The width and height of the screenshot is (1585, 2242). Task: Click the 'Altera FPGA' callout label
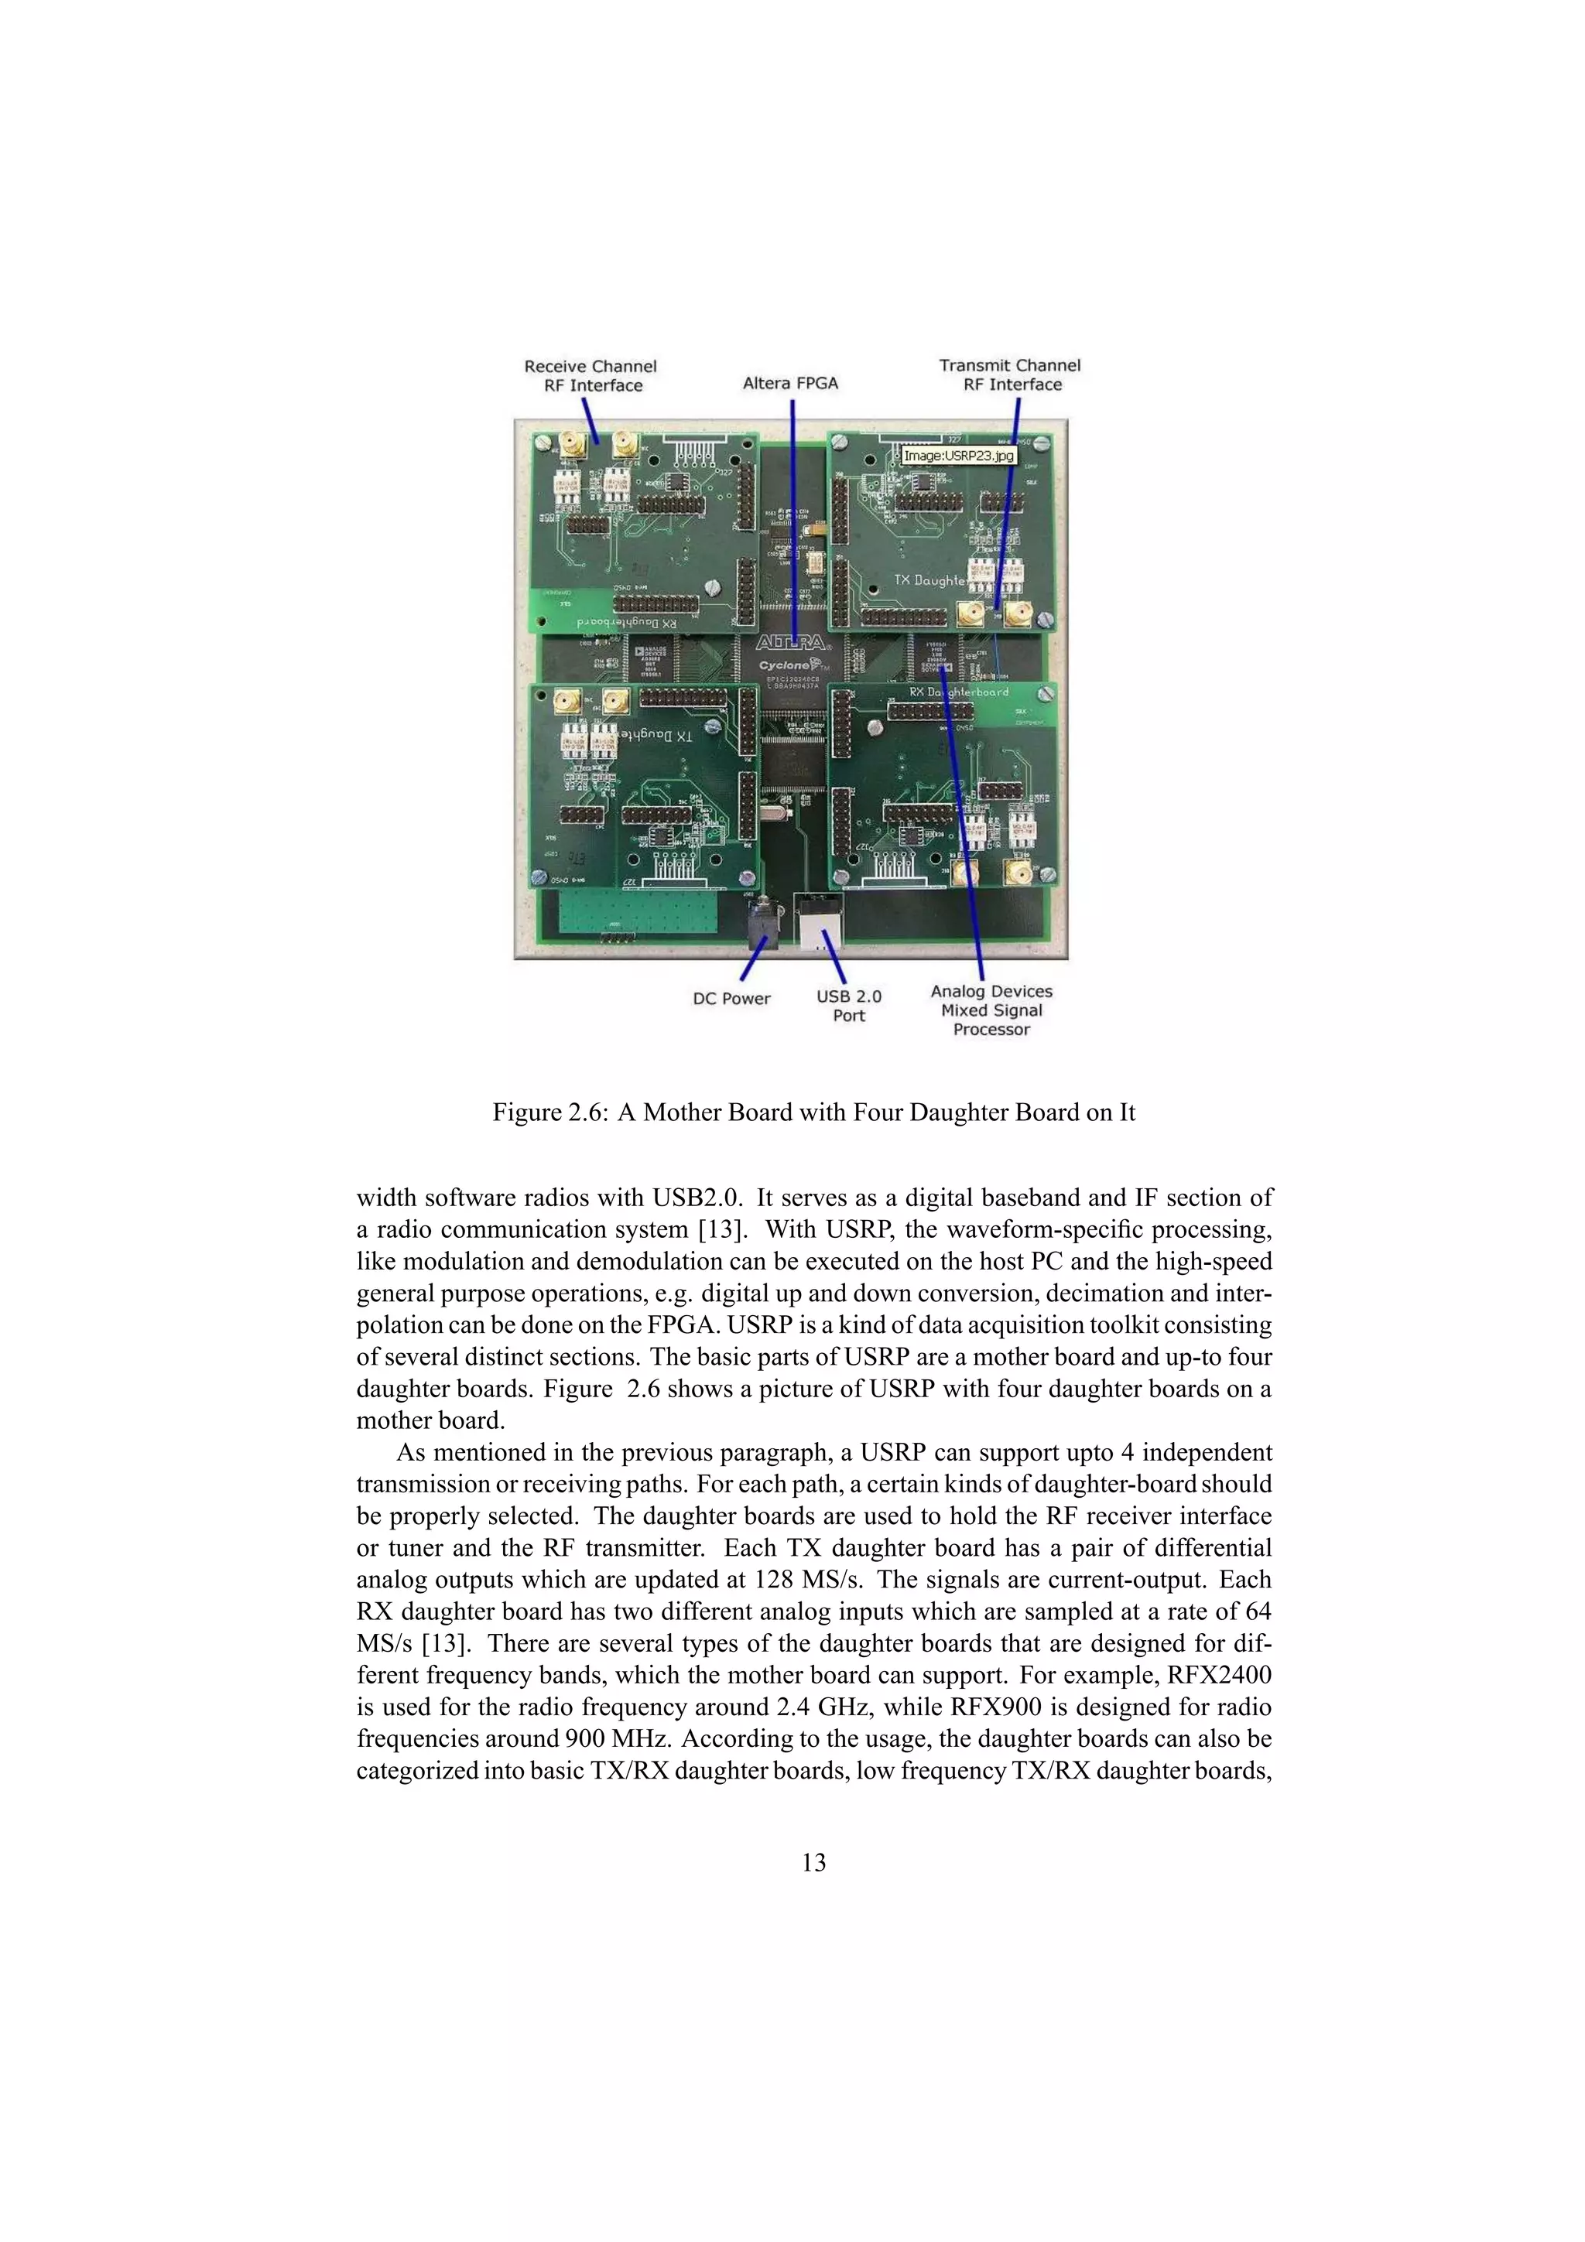(790, 383)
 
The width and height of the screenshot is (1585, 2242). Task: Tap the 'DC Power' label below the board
(731, 998)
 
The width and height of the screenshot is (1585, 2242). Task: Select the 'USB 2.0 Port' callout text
(849, 1006)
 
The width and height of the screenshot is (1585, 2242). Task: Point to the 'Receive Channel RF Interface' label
(590, 376)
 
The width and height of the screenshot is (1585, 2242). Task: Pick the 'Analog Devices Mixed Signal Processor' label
(991, 1010)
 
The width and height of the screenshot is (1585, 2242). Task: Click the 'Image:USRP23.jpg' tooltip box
(958, 456)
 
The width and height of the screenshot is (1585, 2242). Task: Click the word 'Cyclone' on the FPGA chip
(786, 665)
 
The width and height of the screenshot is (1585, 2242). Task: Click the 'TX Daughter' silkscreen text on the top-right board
(929, 580)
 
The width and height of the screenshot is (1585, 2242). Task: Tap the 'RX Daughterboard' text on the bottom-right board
(959, 692)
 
